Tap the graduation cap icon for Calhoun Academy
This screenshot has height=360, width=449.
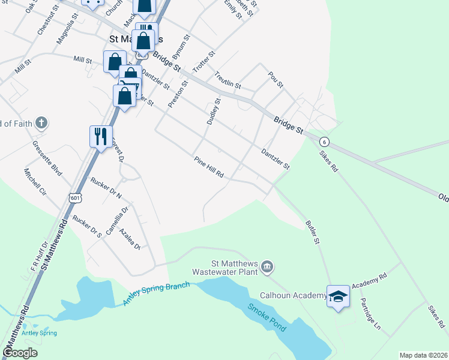(338, 296)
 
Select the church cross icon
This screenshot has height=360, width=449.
(41, 124)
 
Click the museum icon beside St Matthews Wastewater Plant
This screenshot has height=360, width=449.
(268, 266)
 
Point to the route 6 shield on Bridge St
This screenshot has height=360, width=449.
(325, 142)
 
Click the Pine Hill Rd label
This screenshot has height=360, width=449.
(209, 167)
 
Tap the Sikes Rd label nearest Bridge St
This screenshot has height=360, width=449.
(329, 160)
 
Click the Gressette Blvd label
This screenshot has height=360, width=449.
(47, 159)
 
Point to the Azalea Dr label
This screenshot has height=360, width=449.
(129, 239)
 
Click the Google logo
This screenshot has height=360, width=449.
(20, 352)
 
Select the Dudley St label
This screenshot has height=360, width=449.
(214, 112)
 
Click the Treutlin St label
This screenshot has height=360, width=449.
(228, 81)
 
